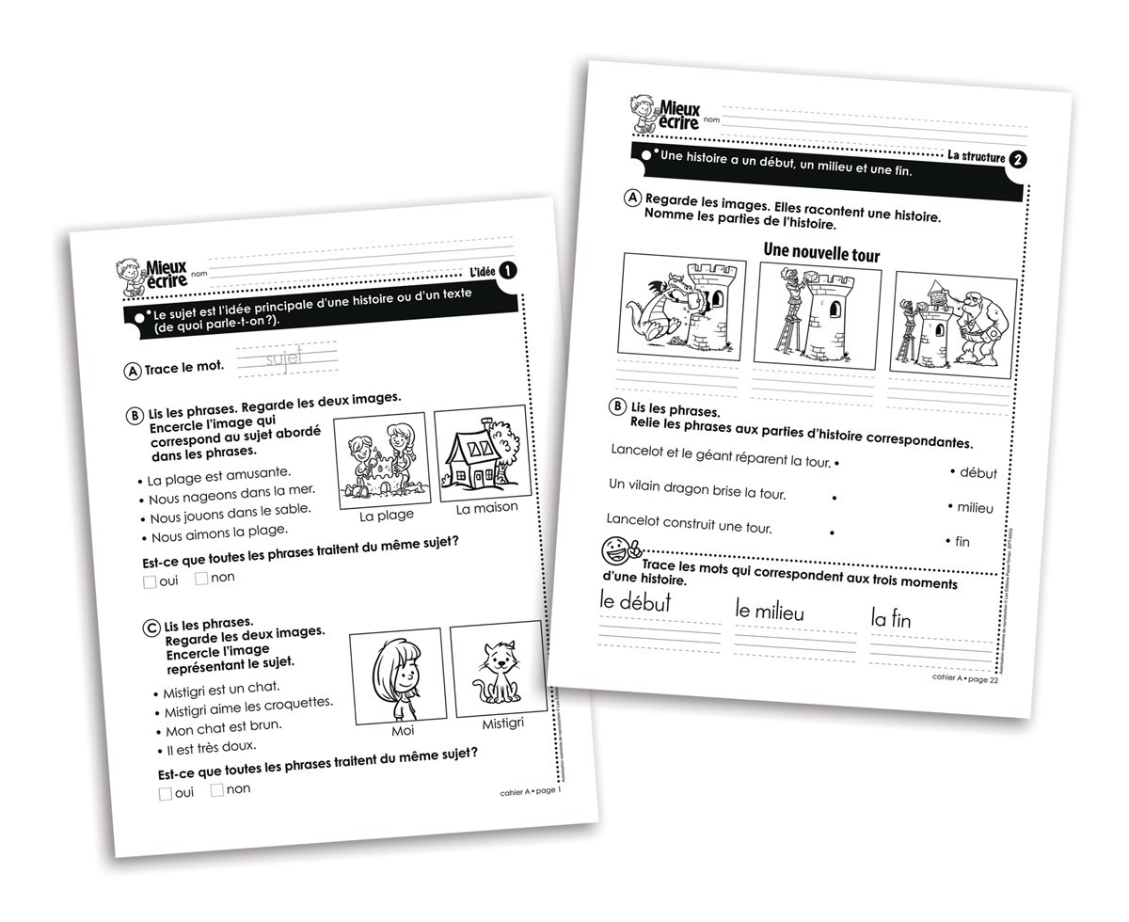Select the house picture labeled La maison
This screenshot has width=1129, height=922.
(482, 454)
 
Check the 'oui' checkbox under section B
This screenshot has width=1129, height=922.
(151, 581)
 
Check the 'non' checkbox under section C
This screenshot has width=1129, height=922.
(217, 790)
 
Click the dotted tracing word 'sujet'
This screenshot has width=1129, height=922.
(283, 359)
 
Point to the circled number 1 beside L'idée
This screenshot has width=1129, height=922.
(506, 272)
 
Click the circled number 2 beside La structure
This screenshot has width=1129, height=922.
(1017, 160)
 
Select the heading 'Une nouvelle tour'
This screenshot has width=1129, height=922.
(821, 253)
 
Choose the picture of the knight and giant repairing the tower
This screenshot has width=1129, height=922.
(954, 323)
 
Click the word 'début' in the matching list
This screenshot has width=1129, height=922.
(978, 473)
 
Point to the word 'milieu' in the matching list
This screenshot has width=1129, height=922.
(975, 508)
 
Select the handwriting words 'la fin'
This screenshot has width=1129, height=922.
(890, 618)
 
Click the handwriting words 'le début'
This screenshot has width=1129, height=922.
(635, 603)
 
